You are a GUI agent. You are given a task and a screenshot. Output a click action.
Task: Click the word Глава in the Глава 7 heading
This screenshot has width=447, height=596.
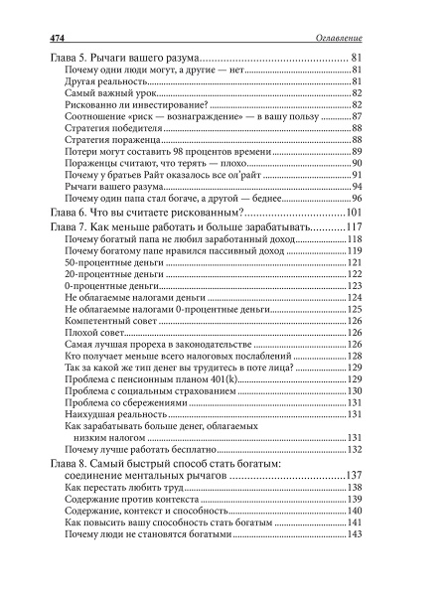pyautogui.click(x=69, y=228)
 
